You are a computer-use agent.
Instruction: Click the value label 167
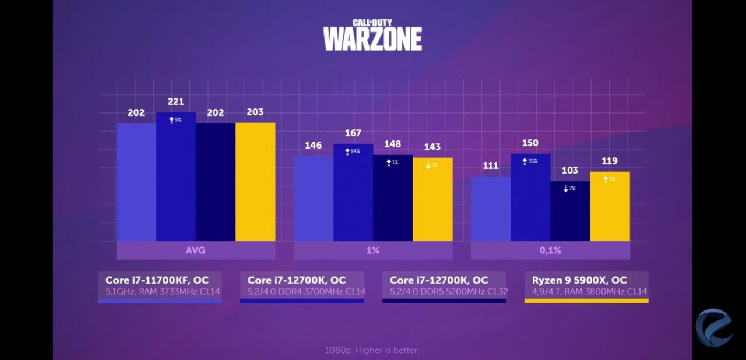pos(353,133)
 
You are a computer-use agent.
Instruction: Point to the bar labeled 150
pos(530,197)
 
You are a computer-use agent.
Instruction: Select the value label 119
pos(610,161)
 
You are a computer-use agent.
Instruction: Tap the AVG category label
pos(196,250)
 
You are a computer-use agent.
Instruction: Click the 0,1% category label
pos(550,250)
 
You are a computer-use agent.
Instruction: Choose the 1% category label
pos(373,250)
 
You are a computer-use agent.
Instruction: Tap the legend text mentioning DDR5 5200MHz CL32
pos(448,291)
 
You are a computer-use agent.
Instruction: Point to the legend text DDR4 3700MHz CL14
pos(306,291)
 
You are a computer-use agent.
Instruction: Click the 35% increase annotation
pos(530,161)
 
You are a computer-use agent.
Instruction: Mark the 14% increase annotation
pos(353,151)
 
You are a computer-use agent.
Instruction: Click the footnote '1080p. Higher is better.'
pos(372,350)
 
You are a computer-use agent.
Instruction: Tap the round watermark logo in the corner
pos(714,327)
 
